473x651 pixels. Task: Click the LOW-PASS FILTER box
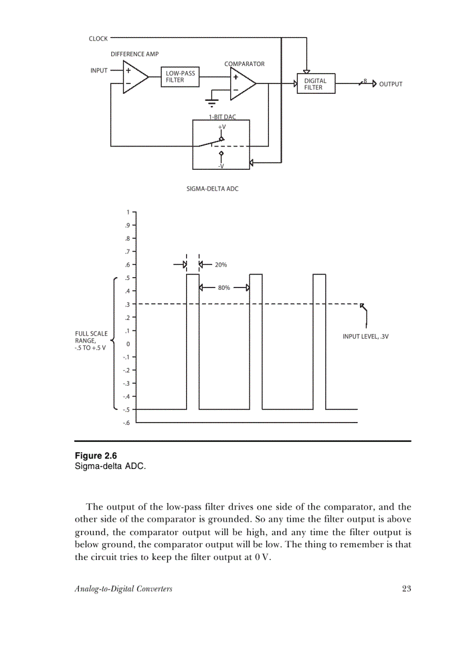point(180,77)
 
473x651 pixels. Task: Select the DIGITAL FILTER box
point(316,84)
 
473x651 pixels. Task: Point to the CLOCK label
point(98,39)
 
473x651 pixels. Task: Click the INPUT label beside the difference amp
point(99,71)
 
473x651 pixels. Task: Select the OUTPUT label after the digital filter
point(391,84)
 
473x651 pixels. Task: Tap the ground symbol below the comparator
point(212,103)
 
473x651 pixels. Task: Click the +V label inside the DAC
point(221,126)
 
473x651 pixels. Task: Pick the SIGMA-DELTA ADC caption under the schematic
point(212,189)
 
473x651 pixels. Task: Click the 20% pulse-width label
point(221,265)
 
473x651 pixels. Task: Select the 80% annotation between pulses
point(224,288)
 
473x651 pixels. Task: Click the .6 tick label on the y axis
point(127,265)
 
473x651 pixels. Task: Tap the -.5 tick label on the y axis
point(126,410)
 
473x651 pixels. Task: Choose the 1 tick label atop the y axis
point(128,212)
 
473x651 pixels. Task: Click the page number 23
point(406,589)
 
